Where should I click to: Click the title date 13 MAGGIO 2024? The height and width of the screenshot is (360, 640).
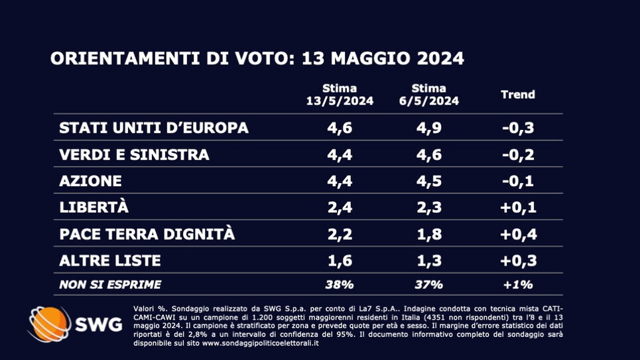pos(383,58)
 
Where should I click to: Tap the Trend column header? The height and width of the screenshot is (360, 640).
pos(517,94)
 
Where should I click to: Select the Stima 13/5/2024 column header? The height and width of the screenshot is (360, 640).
pos(340,95)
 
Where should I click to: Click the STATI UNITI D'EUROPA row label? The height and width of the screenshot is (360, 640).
pos(154,128)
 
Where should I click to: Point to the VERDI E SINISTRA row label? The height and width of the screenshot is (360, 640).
pos(134,154)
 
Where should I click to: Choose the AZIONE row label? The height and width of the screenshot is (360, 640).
pos(90,180)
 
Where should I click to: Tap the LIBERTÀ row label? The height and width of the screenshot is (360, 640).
pos(94,207)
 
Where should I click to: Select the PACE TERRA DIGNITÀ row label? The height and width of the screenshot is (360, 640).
pos(147,234)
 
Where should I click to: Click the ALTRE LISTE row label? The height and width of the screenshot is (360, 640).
pos(109,260)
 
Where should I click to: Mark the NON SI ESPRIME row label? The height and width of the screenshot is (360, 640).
pos(110,285)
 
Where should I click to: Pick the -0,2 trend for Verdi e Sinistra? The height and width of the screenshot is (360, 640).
pos(517,154)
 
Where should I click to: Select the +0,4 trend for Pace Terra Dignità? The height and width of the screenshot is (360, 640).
pos(517,234)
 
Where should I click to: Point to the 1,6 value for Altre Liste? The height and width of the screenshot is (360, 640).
pos(340,260)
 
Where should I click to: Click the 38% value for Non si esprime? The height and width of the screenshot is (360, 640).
pos(340,285)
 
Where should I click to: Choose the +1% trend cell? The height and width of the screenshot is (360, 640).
pos(517,285)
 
